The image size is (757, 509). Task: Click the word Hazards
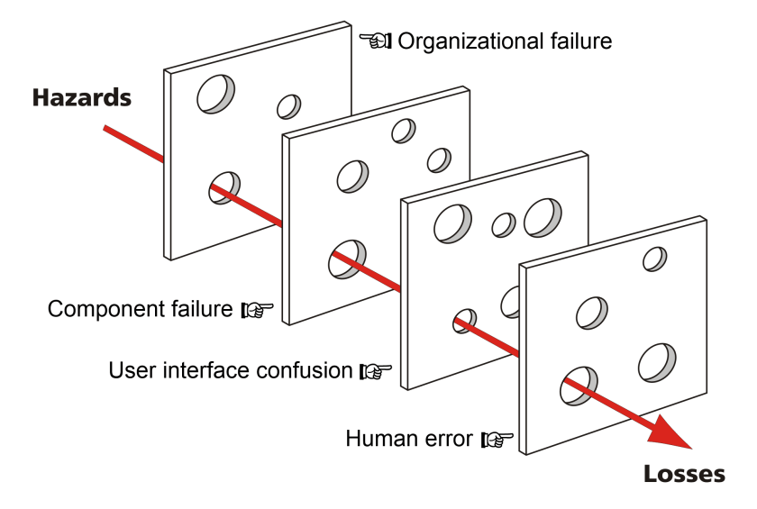81,96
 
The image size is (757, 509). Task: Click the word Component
98,309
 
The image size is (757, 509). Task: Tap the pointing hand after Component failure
258,311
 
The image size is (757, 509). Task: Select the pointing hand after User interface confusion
374,371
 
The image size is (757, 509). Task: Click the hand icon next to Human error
497,440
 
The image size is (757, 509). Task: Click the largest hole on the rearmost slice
216,93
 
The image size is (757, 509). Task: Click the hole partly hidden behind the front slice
509,302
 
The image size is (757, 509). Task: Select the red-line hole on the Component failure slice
347,258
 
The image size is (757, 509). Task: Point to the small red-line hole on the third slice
465,319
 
